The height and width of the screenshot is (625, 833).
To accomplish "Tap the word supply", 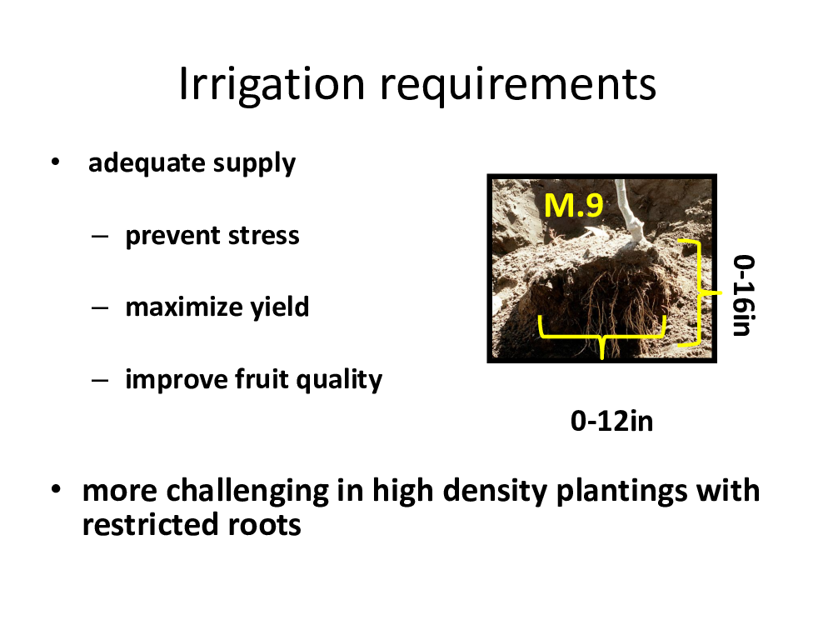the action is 254,164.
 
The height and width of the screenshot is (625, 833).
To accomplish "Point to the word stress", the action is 263,236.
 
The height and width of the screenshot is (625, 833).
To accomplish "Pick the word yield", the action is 279,307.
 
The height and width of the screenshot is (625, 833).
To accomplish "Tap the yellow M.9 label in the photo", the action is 574,206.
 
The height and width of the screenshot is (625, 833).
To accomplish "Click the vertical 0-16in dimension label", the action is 744,295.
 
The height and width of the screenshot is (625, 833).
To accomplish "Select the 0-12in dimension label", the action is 611,422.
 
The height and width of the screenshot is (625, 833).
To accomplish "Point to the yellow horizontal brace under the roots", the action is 602,336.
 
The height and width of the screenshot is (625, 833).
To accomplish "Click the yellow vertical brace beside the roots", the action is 699,292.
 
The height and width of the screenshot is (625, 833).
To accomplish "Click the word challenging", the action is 247,491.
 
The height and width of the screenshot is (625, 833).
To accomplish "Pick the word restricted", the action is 150,524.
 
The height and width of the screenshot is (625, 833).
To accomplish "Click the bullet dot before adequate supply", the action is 55,162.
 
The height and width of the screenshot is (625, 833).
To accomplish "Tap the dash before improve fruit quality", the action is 100,381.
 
